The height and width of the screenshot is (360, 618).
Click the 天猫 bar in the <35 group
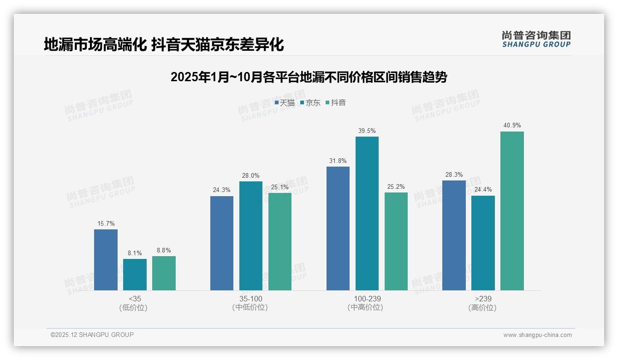pos(106,260)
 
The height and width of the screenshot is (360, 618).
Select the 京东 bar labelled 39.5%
pos(367,213)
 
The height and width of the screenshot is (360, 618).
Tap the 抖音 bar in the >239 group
pos(512,211)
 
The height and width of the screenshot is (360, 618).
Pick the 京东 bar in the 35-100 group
pos(251,236)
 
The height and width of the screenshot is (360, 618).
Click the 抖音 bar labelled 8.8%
pos(164,273)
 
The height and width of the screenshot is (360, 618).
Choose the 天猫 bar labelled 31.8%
pos(338,228)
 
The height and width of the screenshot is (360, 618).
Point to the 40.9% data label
pos(512,125)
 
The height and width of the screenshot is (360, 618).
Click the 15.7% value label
pos(106,223)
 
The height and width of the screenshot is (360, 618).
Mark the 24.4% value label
pos(483,189)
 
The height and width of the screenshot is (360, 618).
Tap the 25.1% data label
pos(280,187)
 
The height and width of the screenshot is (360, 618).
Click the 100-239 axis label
pos(367,299)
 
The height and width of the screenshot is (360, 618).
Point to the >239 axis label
pos(483,299)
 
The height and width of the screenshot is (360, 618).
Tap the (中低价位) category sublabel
pos(250,307)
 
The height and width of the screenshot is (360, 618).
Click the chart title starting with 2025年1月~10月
pos(309,77)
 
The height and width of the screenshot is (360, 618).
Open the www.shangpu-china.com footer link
pos(537,335)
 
